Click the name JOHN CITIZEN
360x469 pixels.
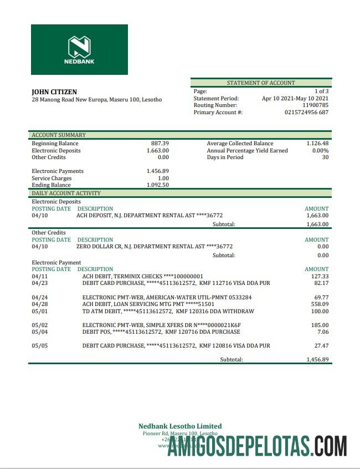pyautogui.click(x=54, y=92)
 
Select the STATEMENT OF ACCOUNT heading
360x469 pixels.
pyautogui.click(x=261, y=83)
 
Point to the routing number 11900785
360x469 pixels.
pyautogui.click(x=315, y=105)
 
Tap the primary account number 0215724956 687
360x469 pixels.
pyautogui.click(x=306, y=113)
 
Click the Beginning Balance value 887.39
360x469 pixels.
pyautogui.click(x=160, y=144)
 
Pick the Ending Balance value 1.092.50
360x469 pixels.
pyautogui.click(x=157, y=185)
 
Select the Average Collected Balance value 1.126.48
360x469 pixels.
pyautogui.click(x=317, y=144)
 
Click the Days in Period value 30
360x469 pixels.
pyautogui.click(x=325, y=157)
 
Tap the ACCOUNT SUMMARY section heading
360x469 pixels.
pyautogui.click(x=59, y=135)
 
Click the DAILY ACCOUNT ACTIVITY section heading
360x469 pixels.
pyautogui.click(x=66, y=193)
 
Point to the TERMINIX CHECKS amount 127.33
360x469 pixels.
pyautogui.click(x=320, y=276)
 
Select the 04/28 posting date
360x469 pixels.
pyautogui.click(x=40, y=304)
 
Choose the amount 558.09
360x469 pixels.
pyautogui.click(x=320, y=304)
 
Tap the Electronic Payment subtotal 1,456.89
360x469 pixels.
pyautogui.click(x=317, y=359)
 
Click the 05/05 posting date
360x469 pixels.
pyautogui.click(x=40, y=345)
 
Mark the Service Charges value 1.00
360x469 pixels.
pyautogui.click(x=163, y=179)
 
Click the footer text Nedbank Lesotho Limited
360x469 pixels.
pyautogui.click(x=180, y=426)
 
